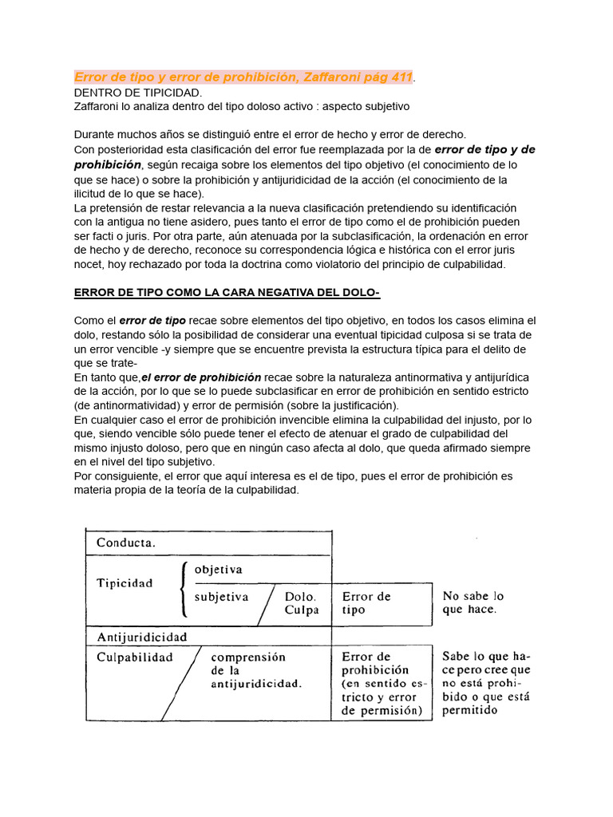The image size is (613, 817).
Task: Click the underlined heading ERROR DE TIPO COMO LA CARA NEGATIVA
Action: [227, 293]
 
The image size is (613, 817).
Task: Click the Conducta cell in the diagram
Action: [126, 543]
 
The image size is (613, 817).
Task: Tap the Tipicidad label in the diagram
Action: [124, 582]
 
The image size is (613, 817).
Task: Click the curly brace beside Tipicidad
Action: [184, 589]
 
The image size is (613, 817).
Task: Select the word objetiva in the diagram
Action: [218, 569]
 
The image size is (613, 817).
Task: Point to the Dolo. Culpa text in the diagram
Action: [301, 603]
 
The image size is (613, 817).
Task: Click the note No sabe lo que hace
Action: [473, 602]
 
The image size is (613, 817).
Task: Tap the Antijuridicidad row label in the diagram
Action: [141, 637]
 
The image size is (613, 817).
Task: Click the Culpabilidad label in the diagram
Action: [134, 657]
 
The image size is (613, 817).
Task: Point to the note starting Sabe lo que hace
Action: [485, 683]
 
